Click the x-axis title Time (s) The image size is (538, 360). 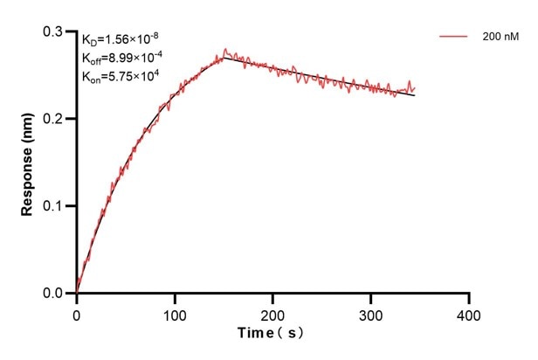click(272, 334)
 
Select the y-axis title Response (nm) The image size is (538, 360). click(29, 163)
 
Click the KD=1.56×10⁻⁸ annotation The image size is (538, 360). click(121, 39)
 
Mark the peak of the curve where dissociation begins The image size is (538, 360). click(224, 55)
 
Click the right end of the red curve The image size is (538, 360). click(415, 89)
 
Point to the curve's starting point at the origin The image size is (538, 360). click(77, 293)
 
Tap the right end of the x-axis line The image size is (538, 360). click(470, 294)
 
